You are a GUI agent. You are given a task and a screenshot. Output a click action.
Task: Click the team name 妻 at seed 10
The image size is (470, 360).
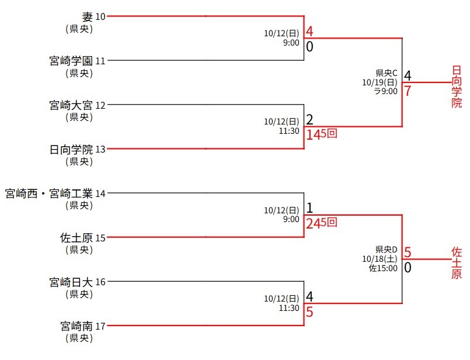tap(88, 16)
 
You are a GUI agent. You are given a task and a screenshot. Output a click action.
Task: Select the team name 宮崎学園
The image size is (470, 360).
tap(70, 60)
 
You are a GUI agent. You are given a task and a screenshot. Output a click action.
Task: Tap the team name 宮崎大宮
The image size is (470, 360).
tap(70, 105)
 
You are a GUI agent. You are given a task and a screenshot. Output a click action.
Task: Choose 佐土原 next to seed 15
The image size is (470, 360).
tap(75, 238)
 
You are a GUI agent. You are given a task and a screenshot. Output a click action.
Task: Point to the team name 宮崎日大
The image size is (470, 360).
tap(70, 282)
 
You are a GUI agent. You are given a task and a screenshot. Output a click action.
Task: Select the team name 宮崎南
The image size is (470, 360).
tap(75, 326)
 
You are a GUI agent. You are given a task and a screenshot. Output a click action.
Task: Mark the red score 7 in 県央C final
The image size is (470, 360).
tap(408, 91)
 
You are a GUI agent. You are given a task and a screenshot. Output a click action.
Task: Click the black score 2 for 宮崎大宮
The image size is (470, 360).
tap(309, 120)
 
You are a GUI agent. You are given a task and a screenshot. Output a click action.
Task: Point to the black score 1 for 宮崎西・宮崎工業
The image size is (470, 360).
tap(309, 207)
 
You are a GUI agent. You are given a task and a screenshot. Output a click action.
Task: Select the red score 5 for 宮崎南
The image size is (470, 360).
tap(309, 312)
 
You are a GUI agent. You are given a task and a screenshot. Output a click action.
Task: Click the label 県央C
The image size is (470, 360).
tap(386, 73)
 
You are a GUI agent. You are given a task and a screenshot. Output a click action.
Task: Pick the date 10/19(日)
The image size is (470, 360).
tap(380, 82)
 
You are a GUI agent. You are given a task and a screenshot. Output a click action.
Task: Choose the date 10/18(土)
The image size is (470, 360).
tap(380, 259)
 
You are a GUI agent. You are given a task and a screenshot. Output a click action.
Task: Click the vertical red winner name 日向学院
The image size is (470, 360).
tap(457, 86)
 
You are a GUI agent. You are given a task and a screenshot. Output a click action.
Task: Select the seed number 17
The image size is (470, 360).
tap(100, 326)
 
